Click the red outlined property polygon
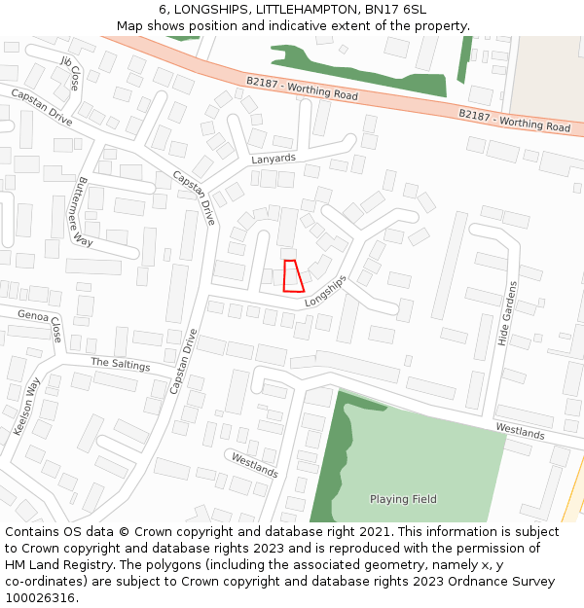(292, 276)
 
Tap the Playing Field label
(403, 499)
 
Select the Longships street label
(325, 291)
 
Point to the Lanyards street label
(273, 159)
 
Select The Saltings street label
(121, 364)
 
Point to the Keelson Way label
(29, 406)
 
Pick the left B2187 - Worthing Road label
(302, 89)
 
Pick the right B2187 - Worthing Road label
(514, 120)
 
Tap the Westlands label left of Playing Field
(254, 464)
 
